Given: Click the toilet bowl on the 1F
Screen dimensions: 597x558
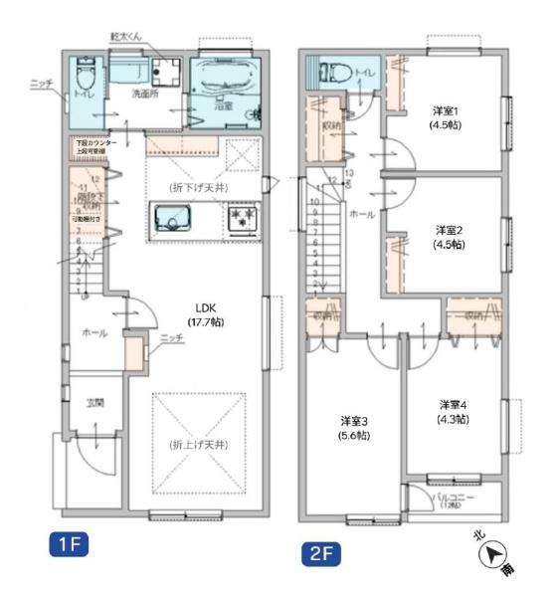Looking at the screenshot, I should (x=85, y=76).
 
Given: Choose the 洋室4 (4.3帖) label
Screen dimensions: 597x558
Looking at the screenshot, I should (x=453, y=412).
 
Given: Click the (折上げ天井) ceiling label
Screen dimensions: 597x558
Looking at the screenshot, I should (x=196, y=443).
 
